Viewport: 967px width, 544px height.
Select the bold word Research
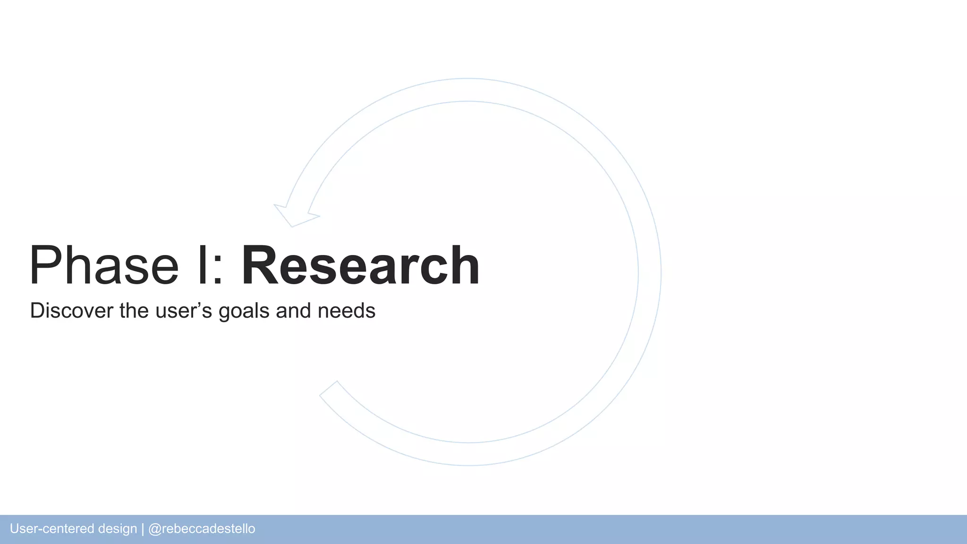361,265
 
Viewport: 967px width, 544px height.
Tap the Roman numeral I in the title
202,265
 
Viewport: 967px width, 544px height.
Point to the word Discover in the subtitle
72,311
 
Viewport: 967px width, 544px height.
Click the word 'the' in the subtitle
134,311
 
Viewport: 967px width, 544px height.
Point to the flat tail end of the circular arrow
329,388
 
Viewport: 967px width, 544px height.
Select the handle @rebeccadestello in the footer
202,529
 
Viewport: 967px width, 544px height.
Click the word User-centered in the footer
51,529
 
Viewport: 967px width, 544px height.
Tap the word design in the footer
118,529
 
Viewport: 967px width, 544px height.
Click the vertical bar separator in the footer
143,529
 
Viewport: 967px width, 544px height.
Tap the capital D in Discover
37,311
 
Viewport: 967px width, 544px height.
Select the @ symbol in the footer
154,529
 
